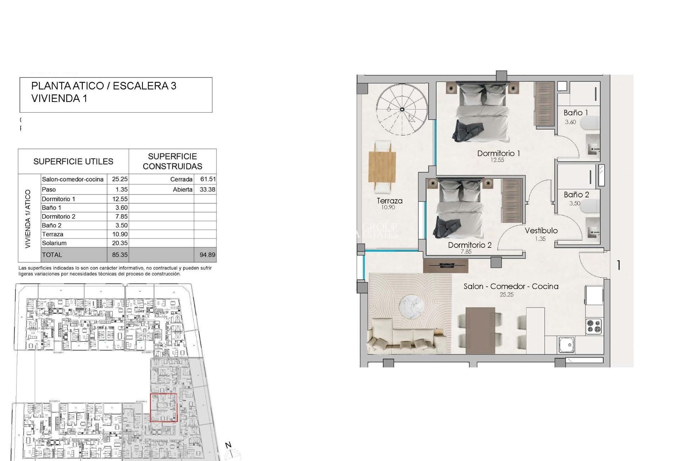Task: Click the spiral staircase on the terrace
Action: click(x=402, y=109)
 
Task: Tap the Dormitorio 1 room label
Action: click(x=498, y=153)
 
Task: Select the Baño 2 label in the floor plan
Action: click(x=576, y=195)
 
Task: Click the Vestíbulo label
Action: click(x=541, y=231)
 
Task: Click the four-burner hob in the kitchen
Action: click(x=594, y=326)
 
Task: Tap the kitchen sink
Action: click(x=566, y=345)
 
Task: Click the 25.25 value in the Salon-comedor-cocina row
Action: click(x=119, y=179)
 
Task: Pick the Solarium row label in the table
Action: click(x=54, y=243)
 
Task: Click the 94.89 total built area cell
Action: click(x=207, y=255)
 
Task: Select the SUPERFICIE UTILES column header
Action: click(x=73, y=162)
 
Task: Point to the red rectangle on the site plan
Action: click(x=163, y=407)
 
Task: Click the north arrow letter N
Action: click(x=228, y=445)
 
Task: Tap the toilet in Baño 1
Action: click(x=590, y=123)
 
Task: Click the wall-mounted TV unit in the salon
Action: click(x=446, y=266)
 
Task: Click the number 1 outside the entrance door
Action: click(x=618, y=265)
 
